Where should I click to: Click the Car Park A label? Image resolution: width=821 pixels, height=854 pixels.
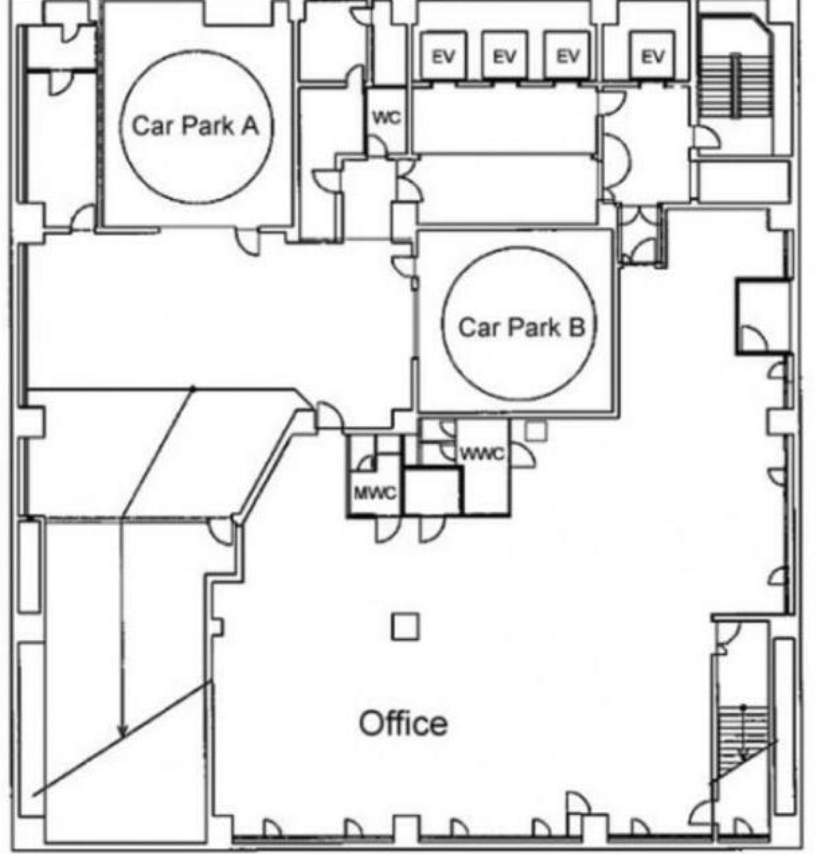[x=196, y=126]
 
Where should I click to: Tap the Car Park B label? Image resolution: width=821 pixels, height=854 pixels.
[x=521, y=327]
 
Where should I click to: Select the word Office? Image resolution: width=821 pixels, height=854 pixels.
[x=403, y=723]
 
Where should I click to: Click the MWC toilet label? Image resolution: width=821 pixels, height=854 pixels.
[x=375, y=494]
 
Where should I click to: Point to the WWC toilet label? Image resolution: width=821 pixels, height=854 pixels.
[x=483, y=454]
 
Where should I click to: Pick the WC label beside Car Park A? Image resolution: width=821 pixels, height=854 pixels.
[x=387, y=118]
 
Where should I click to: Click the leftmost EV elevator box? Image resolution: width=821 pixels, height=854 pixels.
[x=444, y=56]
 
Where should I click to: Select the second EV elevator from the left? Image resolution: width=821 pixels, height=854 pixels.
[x=505, y=56]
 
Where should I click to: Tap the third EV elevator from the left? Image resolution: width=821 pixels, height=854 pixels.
[x=567, y=56]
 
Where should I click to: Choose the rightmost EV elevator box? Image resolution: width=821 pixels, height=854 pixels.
[x=653, y=56]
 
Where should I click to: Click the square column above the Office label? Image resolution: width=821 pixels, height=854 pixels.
[x=405, y=627]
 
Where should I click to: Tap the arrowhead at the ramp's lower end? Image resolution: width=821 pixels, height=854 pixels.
[x=123, y=733]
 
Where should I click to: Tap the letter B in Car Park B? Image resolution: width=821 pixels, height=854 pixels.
[x=577, y=327]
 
